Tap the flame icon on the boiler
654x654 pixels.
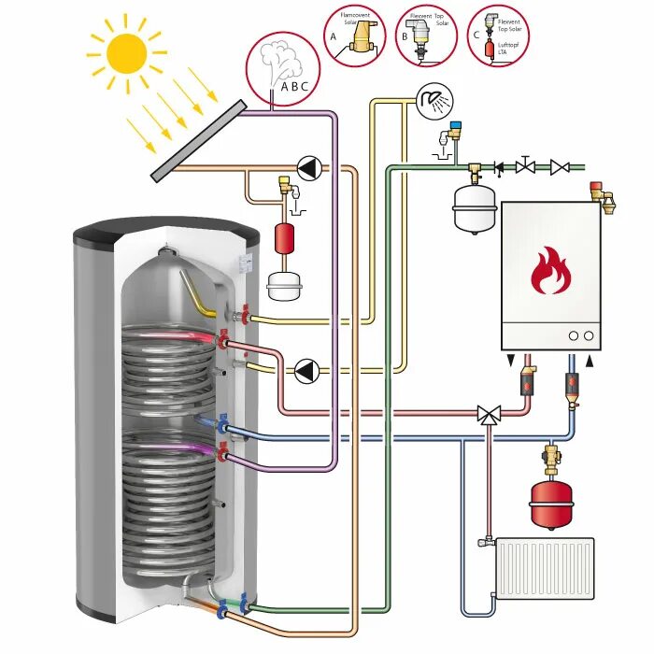click(550, 271)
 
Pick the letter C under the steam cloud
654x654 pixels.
click(303, 87)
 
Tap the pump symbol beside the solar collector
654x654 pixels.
click(306, 169)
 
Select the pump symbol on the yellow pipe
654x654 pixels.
click(306, 371)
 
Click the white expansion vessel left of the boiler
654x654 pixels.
click(474, 207)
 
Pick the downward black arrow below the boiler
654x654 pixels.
click(509, 361)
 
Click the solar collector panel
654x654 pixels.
click(199, 140)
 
